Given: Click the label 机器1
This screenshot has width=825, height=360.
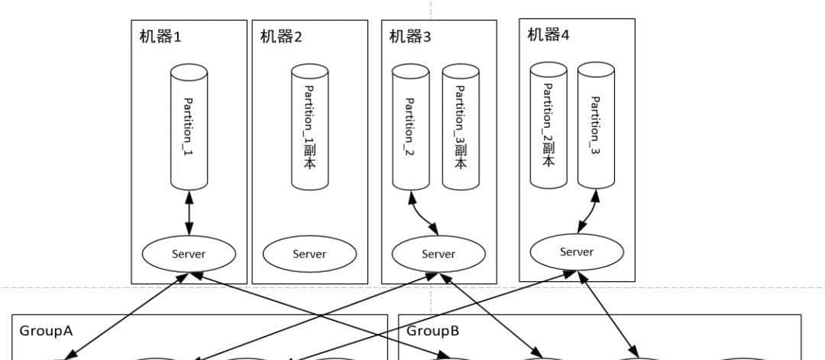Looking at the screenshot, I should point(160,37).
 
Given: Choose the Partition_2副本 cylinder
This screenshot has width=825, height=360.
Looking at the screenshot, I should point(548,126).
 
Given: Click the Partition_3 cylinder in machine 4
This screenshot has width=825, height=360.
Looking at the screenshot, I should point(596,126).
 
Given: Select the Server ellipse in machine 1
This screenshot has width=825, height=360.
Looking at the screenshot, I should point(189,254).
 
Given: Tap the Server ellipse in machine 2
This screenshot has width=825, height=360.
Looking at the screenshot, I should point(309,254).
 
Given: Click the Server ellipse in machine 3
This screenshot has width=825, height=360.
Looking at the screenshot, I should point(438,254).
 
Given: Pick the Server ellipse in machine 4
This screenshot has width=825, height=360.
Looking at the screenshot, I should point(577,251).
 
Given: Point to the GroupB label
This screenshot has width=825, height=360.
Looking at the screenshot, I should point(432,331).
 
